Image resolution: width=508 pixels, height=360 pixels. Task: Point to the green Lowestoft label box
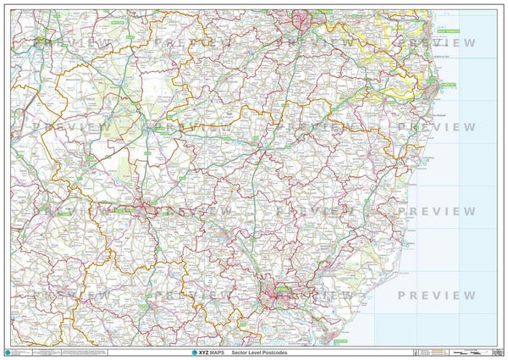(447, 85)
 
